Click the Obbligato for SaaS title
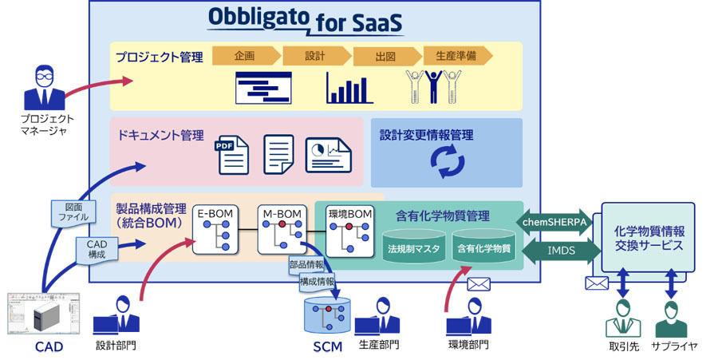pos(305,21)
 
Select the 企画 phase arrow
pos(247,56)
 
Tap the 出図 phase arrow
pos(388,56)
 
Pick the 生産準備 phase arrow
pos(458,56)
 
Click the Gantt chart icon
pos(263,88)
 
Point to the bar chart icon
pos(349,88)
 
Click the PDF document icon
pos(232,155)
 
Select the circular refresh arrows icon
pos(448,160)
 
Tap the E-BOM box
pos(215,229)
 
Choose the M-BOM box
pos(282,229)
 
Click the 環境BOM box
pos(350,231)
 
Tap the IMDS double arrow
pos(562,251)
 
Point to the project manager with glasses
pos(45,88)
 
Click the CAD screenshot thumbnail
pos(43,314)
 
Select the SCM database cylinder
pos(327,315)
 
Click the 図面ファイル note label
pos(73,212)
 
